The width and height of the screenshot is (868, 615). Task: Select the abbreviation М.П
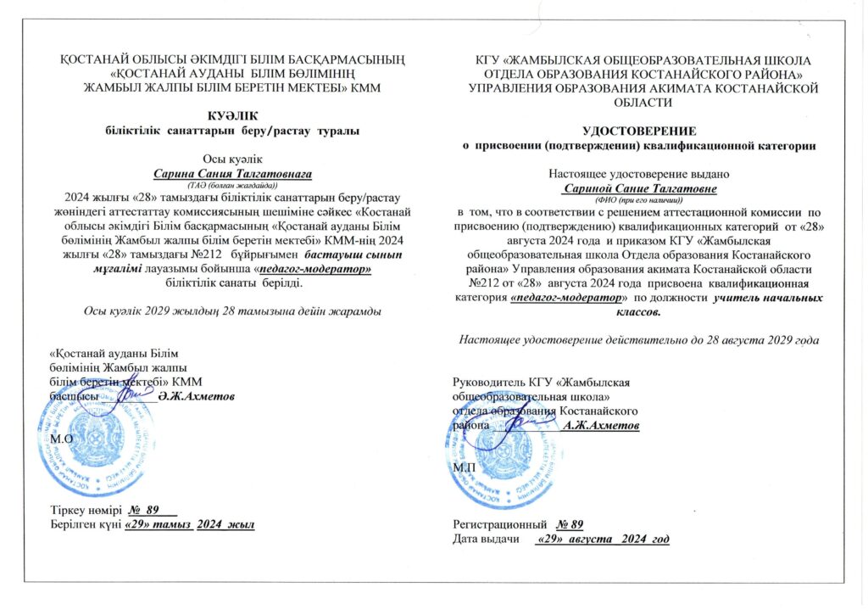pyautogui.click(x=465, y=467)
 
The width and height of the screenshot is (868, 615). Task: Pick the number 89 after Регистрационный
pyautogui.click(x=573, y=523)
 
